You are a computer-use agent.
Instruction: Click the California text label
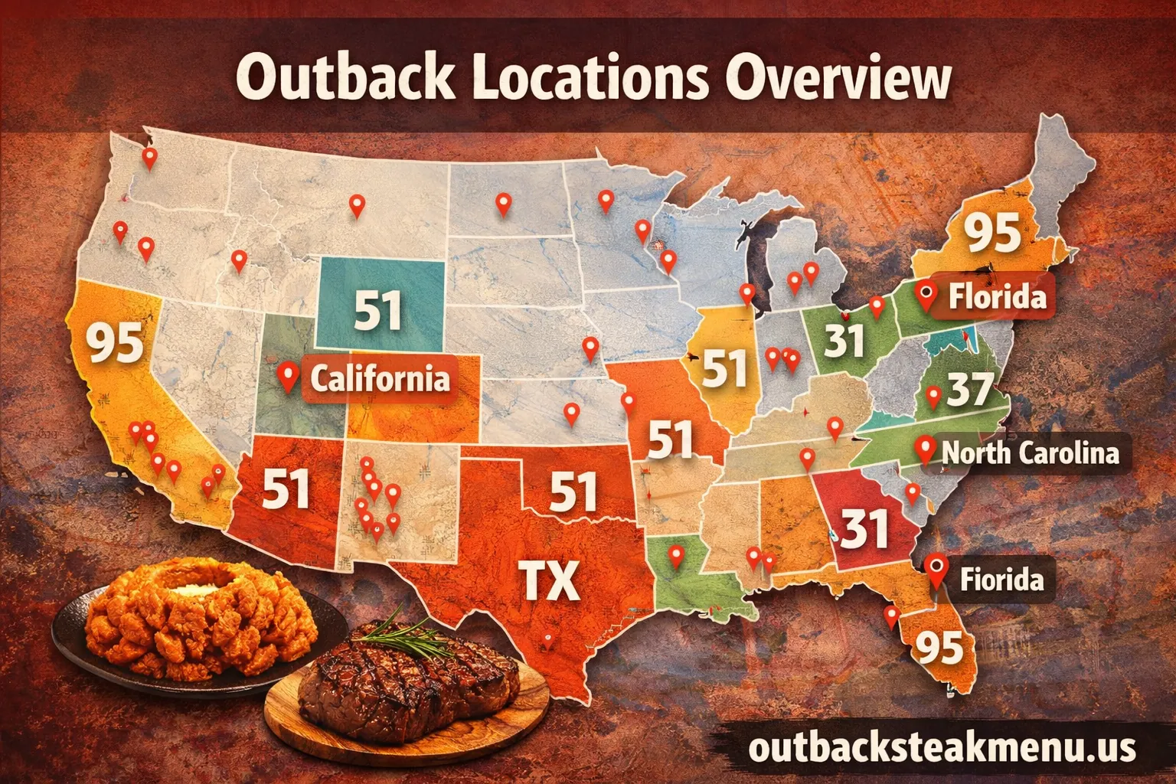coord(380,378)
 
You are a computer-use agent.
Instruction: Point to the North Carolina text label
coord(1031,452)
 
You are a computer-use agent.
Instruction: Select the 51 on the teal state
coord(378,310)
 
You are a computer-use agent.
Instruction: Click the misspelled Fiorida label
coord(1001,580)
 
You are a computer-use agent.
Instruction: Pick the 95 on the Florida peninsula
coord(939,648)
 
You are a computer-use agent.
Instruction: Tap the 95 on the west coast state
coord(115,342)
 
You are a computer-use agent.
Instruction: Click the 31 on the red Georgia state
coord(864,528)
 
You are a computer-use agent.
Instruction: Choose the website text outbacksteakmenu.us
coord(942,746)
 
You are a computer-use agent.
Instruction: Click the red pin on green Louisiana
coord(675,555)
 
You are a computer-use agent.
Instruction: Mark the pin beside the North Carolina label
coord(926,449)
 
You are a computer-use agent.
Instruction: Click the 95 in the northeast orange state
coord(992,233)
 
